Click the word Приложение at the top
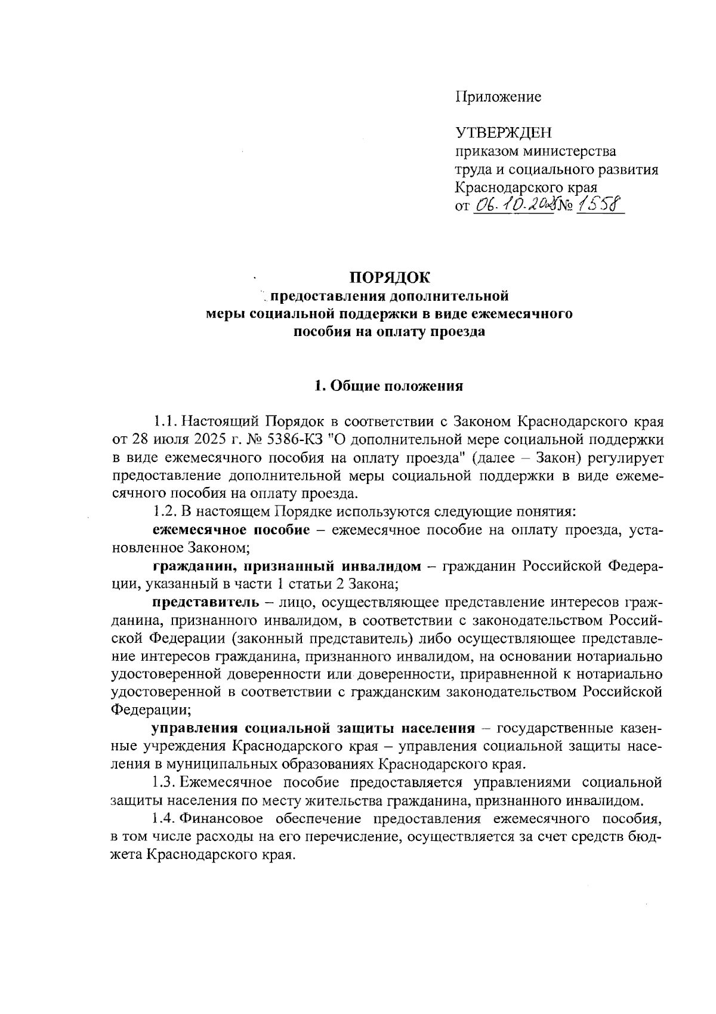tap(498, 97)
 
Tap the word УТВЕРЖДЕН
tap(504, 132)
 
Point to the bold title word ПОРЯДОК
tap(389, 278)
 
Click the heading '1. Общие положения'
tap(389, 386)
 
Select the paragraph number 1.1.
tap(165, 421)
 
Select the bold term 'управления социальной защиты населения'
tap(313, 728)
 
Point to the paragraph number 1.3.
tap(165, 782)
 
